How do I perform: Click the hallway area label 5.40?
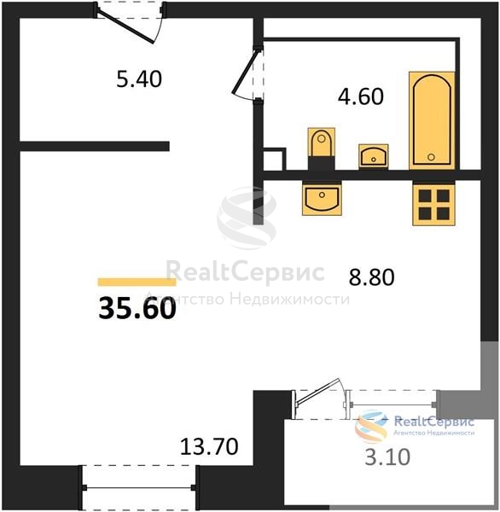139,79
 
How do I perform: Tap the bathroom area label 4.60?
361,96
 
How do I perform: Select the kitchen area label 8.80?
372,277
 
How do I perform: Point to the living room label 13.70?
209,446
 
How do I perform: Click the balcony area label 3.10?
387,457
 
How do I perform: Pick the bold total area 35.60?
137,309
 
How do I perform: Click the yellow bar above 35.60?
137,282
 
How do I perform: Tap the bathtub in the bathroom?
432,120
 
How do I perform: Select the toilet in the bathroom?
322,148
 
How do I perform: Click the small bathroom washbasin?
374,156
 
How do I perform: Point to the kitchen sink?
322,198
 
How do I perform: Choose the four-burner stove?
434,203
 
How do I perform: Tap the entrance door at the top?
130,22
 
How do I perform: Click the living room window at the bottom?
139,487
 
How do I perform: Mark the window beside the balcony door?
392,404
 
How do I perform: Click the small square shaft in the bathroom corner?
275,159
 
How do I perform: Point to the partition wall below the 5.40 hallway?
95,146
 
